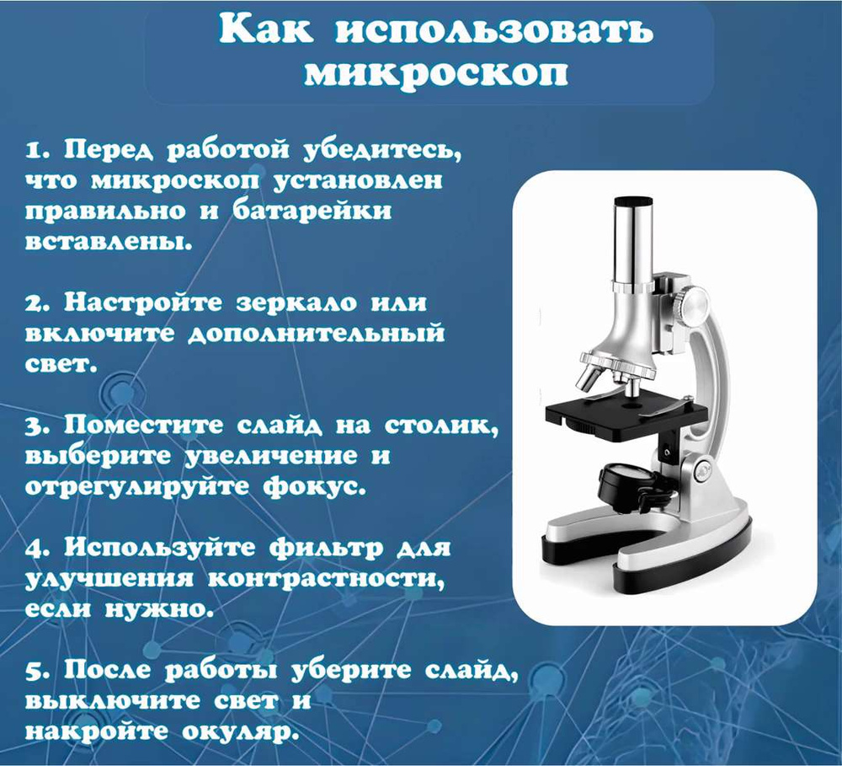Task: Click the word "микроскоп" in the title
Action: [x=436, y=73]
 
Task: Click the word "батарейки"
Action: [x=312, y=210]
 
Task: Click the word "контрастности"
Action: [x=326, y=580]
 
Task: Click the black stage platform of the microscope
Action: [x=626, y=412]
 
